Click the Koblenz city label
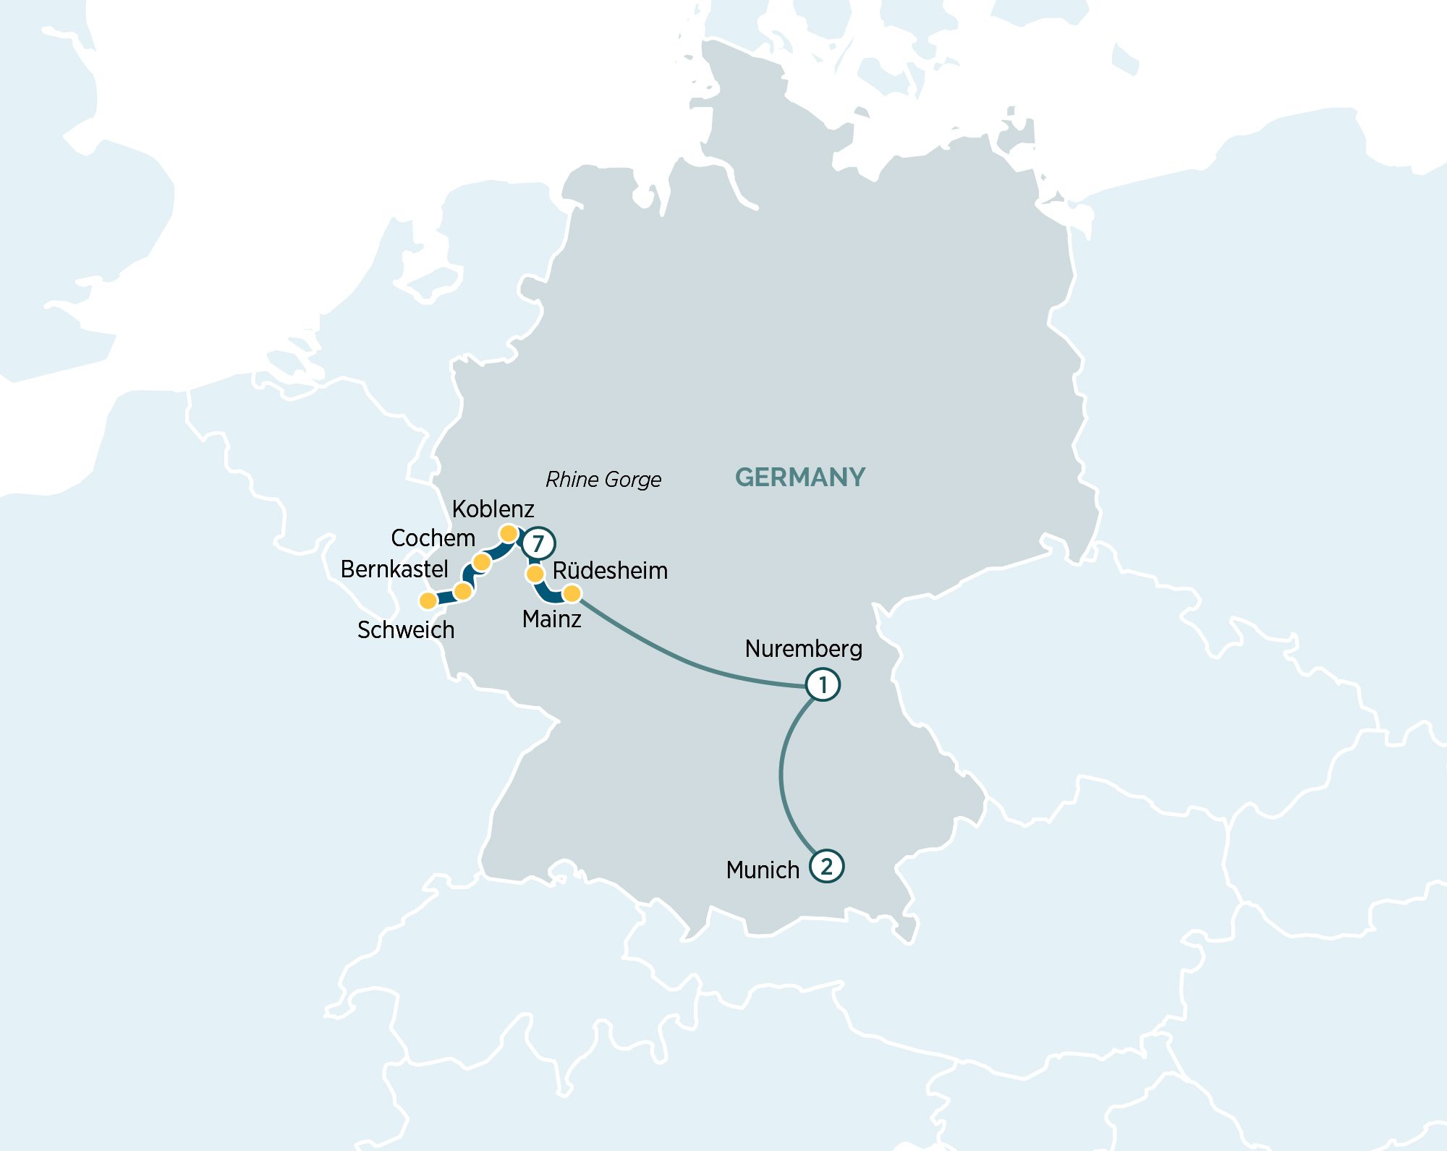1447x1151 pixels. point(493,509)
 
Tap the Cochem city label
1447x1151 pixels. point(433,538)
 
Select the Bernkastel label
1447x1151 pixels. point(394,569)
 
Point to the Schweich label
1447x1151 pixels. point(406,630)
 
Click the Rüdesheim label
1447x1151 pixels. point(610,571)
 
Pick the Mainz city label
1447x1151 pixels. point(551,619)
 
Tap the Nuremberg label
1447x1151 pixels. point(803,649)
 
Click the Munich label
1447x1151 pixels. point(763,870)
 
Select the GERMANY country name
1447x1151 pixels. point(800,477)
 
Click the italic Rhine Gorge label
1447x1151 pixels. point(603,480)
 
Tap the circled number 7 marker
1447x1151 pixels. point(538,543)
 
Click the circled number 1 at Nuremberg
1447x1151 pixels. point(823,684)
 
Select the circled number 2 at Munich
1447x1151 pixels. point(826,866)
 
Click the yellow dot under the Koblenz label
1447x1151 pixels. point(509,534)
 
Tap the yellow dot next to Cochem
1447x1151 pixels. point(482,562)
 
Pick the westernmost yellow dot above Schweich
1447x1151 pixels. point(428,600)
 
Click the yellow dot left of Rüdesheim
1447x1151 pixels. point(535,574)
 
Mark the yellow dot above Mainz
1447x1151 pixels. point(572,594)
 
